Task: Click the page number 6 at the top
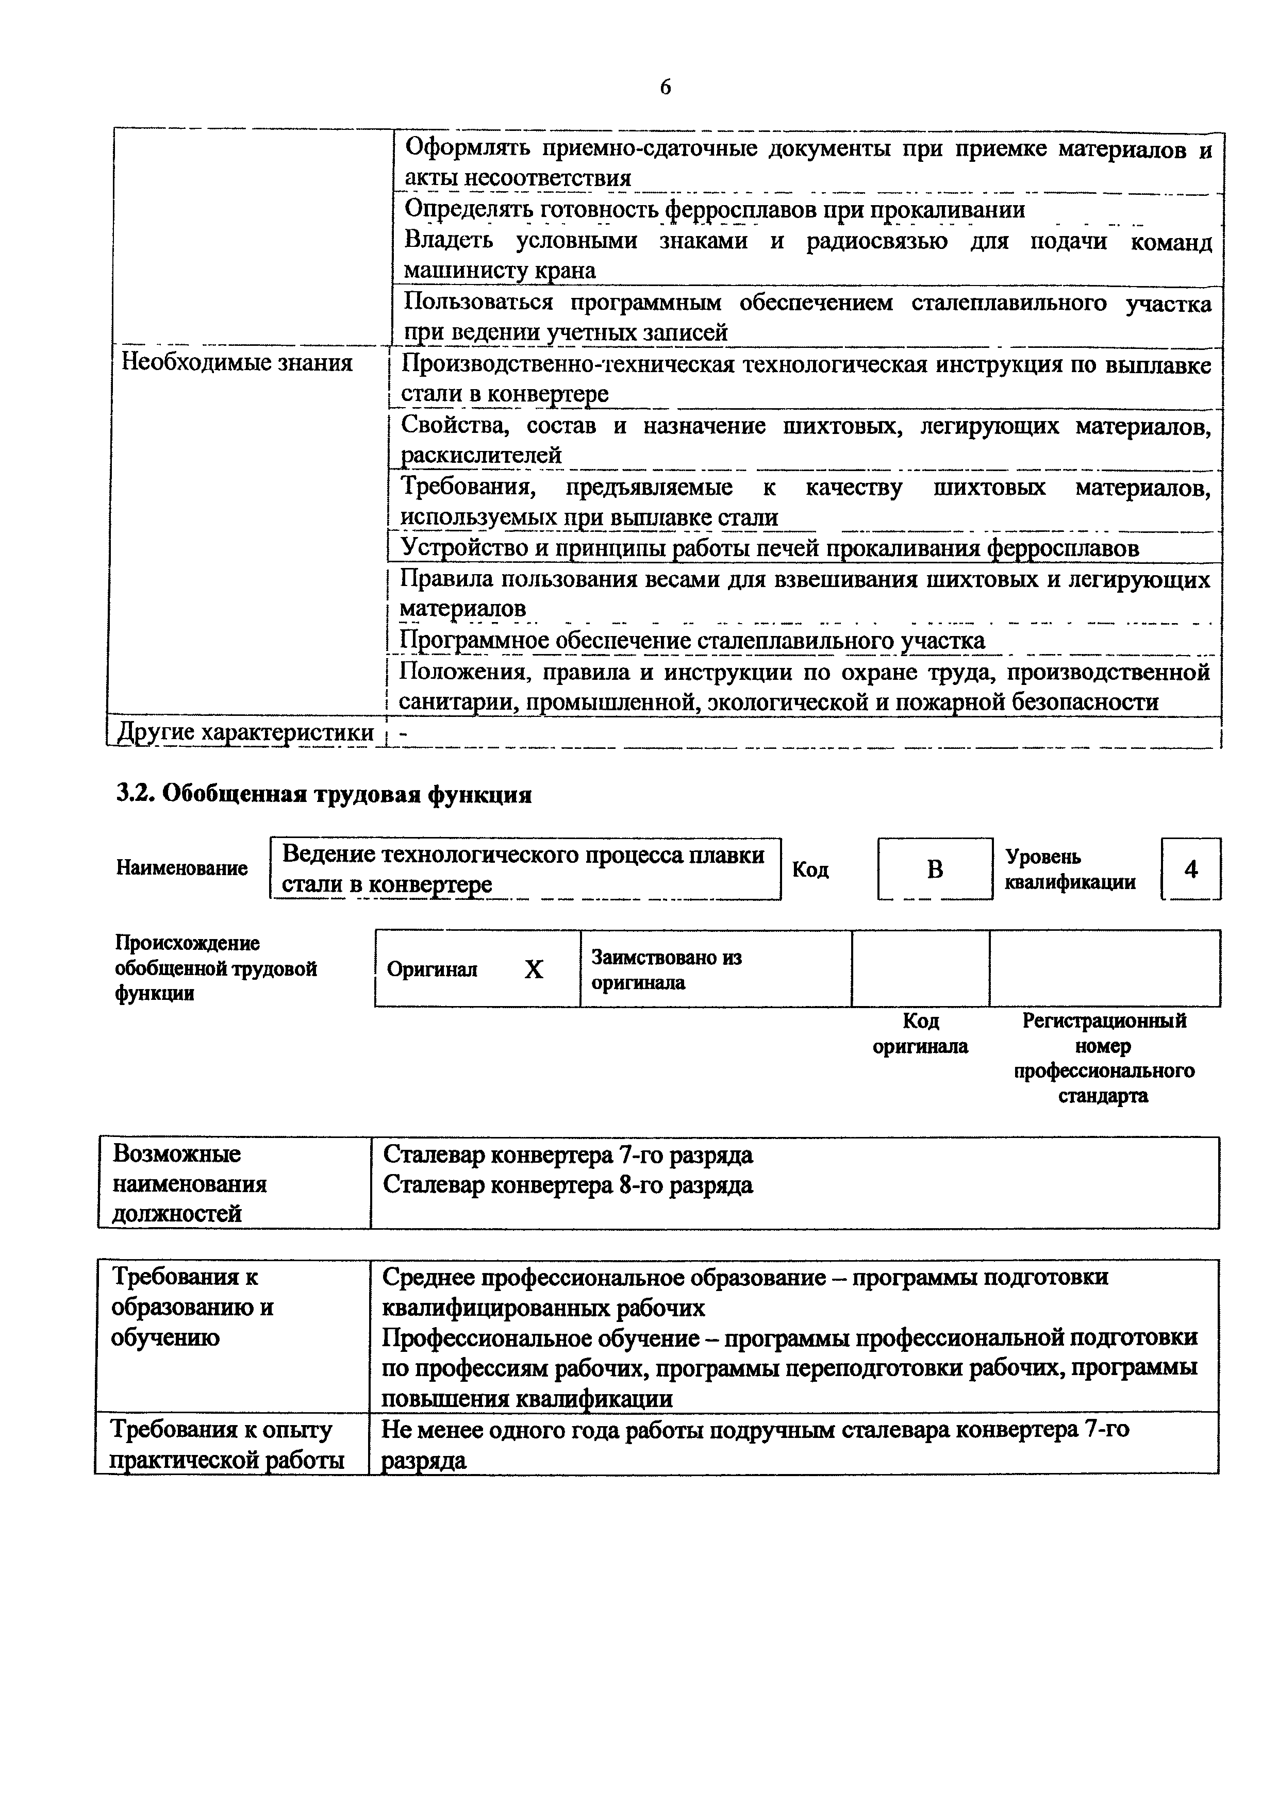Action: pyautogui.click(x=666, y=87)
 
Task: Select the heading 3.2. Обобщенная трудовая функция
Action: pyautogui.click(x=324, y=795)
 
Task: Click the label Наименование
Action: pyautogui.click(x=182, y=868)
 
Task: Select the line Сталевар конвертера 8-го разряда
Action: pyautogui.click(x=568, y=1184)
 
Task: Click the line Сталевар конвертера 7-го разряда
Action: pyautogui.click(x=568, y=1154)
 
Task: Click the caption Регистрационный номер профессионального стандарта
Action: pyautogui.click(x=1103, y=1058)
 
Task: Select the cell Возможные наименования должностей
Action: pyautogui.click(x=190, y=1183)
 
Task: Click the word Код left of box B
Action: pyautogui.click(x=810, y=869)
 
